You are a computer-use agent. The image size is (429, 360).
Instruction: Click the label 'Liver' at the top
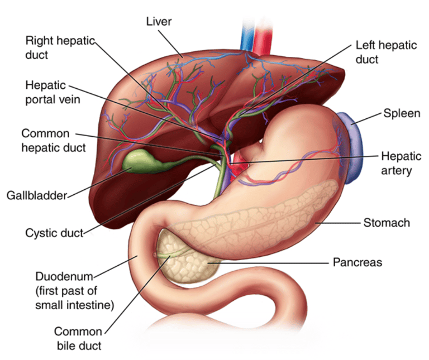click(x=159, y=22)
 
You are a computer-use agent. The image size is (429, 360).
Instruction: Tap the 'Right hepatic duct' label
click(x=60, y=47)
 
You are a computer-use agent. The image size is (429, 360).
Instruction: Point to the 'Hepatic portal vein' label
click(x=53, y=93)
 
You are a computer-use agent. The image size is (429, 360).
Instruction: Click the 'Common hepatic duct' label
click(x=54, y=141)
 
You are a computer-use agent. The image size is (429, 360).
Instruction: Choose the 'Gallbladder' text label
click(x=37, y=195)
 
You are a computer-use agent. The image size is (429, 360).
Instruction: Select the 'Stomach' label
click(x=387, y=223)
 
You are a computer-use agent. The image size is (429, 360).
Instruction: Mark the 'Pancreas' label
click(x=357, y=262)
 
